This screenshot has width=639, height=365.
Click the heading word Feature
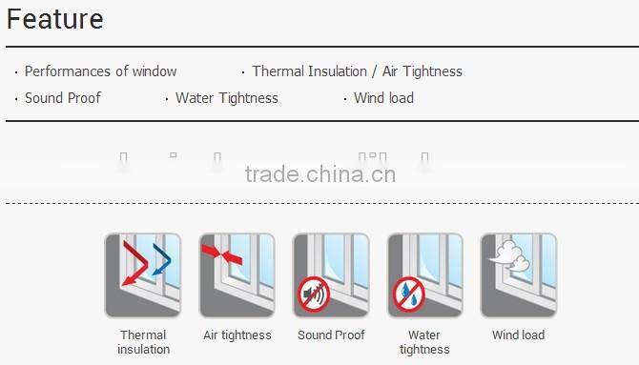(55, 19)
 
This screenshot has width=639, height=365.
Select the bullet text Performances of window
(100, 71)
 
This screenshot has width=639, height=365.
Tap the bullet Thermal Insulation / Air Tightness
(357, 71)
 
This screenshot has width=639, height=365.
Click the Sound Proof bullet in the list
(63, 98)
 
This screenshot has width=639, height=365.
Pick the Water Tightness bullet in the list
(226, 98)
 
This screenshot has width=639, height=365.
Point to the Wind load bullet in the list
(383, 98)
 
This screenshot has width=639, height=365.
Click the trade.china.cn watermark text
(319, 174)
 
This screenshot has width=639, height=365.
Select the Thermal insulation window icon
(142, 274)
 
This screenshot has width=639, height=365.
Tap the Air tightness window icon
(237, 274)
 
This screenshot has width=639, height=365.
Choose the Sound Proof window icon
(330, 274)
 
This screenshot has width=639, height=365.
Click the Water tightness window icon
(424, 274)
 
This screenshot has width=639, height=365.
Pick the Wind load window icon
(518, 274)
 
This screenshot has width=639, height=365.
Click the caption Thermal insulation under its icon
(143, 342)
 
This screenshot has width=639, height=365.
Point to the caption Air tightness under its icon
(237, 335)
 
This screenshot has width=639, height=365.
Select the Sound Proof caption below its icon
(330, 335)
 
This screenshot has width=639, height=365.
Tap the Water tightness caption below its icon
(424, 342)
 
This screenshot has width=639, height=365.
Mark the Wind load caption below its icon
(518, 335)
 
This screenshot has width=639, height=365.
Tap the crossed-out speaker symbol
(313, 294)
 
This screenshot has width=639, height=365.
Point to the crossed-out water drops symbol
(407, 294)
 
